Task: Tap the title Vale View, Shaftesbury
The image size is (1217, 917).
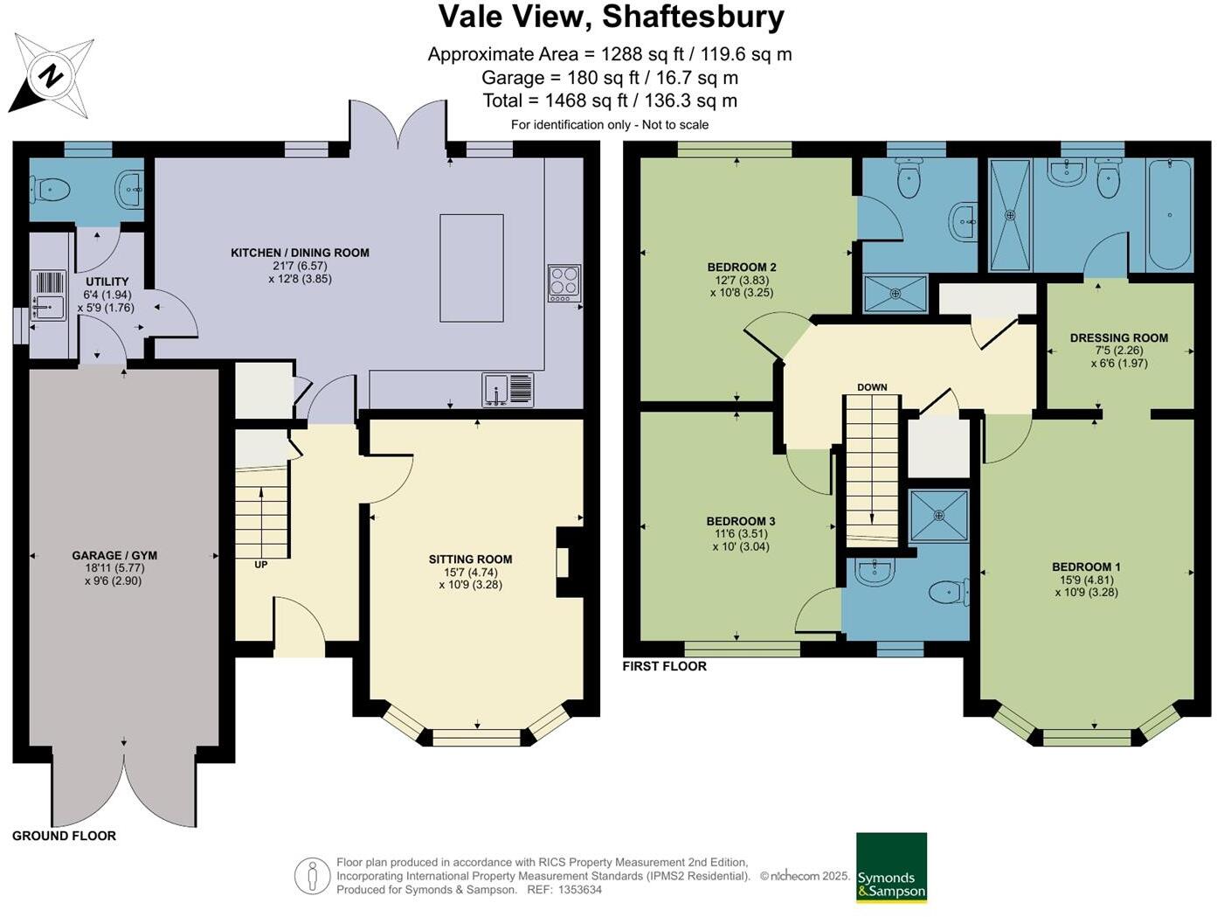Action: click(611, 17)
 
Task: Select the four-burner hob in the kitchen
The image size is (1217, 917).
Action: click(564, 283)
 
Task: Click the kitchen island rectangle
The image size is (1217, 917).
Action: click(472, 267)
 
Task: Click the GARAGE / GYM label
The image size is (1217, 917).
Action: click(114, 555)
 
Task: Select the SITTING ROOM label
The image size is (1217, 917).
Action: click(470, 559)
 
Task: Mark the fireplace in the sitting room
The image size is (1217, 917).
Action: click(566, 562)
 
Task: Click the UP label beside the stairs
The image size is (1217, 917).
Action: click(260, 565)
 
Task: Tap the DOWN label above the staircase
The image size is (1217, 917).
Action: click(872, 387)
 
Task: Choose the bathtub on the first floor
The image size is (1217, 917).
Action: click(1169, 214)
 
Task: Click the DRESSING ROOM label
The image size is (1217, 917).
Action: click(1118, 337)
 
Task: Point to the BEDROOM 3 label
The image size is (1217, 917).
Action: click(741, 521)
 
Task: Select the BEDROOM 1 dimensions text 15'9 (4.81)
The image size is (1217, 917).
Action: click(1086, 580)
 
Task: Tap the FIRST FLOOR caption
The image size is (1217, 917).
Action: click(664, 666)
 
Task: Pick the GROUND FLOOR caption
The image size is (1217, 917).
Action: click(64, 836)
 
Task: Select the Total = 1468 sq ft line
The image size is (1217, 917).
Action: click(610, 101)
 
